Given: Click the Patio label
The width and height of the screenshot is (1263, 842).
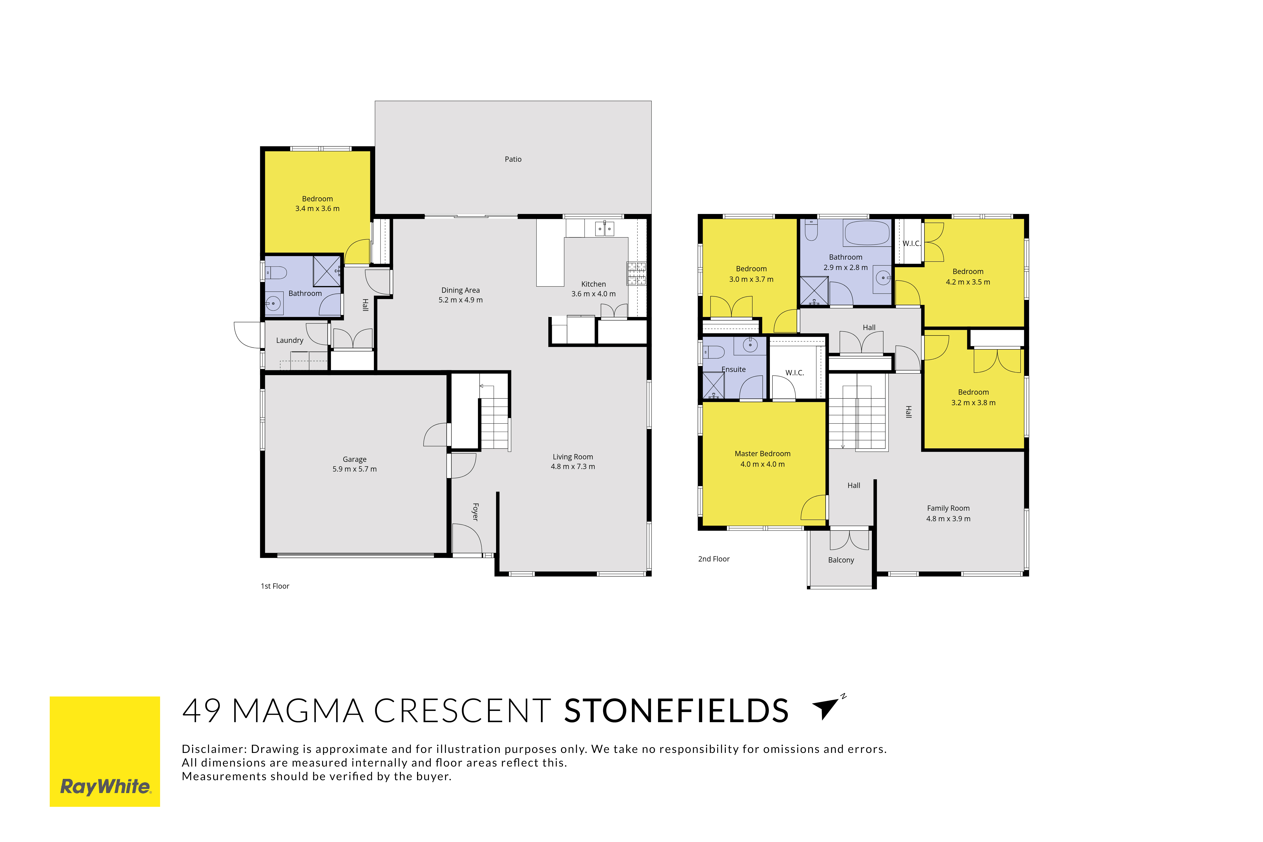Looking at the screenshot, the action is [513, 159].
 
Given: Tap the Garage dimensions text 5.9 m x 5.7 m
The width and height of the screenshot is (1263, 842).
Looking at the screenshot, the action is [355, 469].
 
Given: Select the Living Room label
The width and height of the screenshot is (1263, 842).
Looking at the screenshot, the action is [573, 457].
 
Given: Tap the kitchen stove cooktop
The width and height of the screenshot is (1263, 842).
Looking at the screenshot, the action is [636, 273].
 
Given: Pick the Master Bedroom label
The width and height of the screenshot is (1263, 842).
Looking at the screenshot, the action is [763, 454].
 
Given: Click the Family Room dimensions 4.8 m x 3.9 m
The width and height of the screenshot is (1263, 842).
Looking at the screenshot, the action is [948, 519].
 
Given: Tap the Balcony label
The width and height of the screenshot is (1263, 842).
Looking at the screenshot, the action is [841, 560].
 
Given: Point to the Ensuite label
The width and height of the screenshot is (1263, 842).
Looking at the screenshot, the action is [733, 369].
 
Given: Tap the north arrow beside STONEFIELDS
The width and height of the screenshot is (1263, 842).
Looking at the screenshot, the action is [828, 708].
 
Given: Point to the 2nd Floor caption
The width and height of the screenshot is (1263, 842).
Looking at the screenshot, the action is [714, 559].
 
